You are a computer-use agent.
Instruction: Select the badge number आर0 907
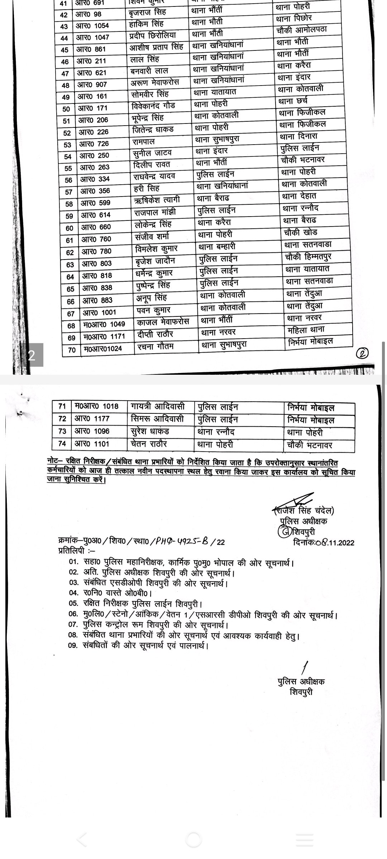(x=92, y=84)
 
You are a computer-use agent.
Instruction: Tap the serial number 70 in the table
(x=72, y=350)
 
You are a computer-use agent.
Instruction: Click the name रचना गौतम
(x=156, y=346)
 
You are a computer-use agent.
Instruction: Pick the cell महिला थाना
(x=306, y=330)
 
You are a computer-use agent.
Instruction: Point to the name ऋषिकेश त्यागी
(x=157, y=200)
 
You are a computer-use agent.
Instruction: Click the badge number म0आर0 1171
(x=104, y=336)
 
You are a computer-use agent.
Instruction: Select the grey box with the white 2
(x=32, y=355)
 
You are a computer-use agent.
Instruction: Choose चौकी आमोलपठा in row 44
(x=302, y=30)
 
